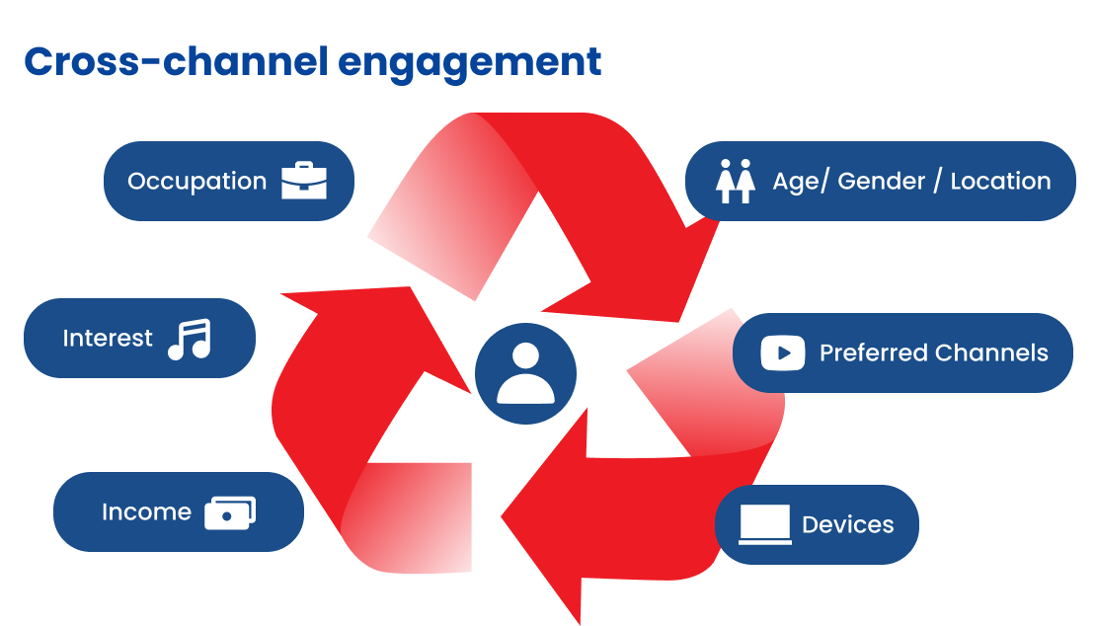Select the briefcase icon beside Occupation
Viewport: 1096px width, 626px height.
303,182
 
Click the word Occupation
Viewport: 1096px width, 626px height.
197,182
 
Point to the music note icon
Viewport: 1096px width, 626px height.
190,339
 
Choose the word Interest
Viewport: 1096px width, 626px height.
108,339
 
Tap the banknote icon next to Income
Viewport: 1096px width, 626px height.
230,512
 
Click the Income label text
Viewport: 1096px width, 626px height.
146,512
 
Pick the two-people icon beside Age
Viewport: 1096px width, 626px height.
735,182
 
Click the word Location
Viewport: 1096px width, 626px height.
1000,182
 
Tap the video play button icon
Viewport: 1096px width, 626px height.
783,353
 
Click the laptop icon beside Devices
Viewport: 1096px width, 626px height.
765,524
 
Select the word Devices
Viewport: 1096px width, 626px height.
847,524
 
